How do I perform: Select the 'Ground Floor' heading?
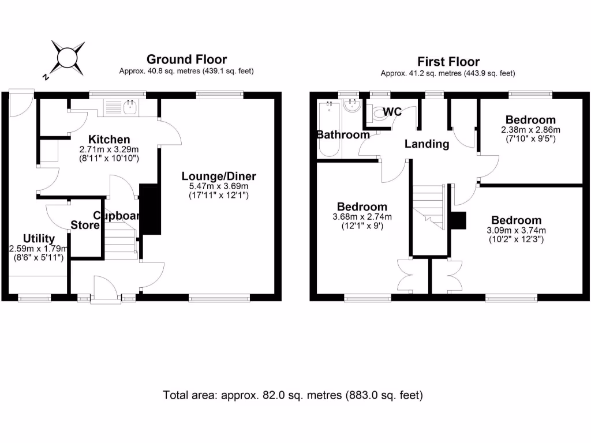pos(186,59)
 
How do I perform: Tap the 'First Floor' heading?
pos(448,62)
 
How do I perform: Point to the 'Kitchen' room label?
pos(109,139)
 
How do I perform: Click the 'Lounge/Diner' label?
pos(219,177)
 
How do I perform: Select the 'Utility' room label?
pos(39,238)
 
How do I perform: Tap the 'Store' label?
pos(85,225)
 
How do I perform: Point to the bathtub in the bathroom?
pos(329,129)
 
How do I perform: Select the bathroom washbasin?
pos(351,106)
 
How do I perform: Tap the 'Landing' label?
pos(427,144)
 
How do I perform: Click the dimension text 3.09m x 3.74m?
pos(516,231)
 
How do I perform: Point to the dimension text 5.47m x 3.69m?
pos(219,186)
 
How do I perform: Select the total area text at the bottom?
pos(293,396)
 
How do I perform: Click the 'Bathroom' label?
pos(343,135)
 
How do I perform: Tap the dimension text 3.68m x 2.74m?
pos(362,217)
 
